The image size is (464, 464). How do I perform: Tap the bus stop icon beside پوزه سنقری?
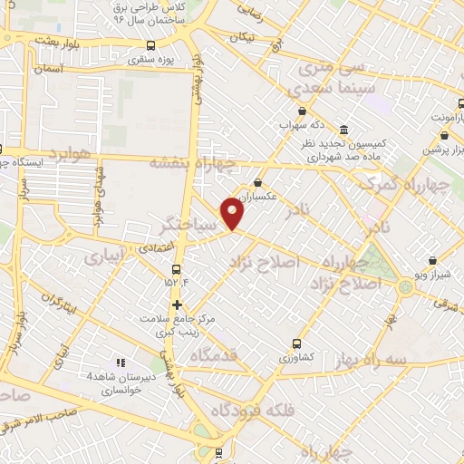click(x=150, y=47)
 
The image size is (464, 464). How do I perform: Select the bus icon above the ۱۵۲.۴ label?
click(x=177, y=269)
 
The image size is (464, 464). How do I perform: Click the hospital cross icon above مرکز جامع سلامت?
click(x=178, y=304)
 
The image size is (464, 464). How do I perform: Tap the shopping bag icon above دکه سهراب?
click(x=285, y=111)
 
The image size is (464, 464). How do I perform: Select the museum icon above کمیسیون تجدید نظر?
click(x=343, y=130)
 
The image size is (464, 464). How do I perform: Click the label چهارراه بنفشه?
click(x=196, y=164)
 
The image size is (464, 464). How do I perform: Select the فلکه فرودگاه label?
click(x=253, y=409)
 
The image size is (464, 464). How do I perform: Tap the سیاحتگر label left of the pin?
click(x=188, y=222)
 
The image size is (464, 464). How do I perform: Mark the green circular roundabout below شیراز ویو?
click(x=405, y=288)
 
